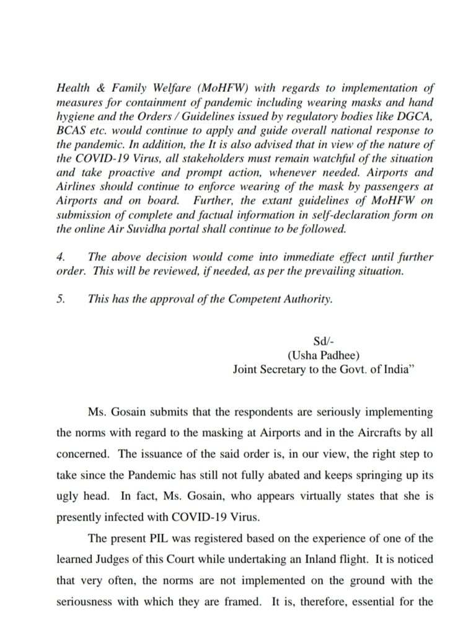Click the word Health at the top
coord(71,87)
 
